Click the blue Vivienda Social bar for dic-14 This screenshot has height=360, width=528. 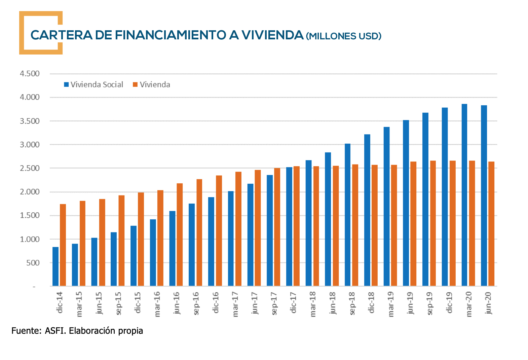point(55,266)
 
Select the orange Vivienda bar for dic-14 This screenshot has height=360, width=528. point(63,245)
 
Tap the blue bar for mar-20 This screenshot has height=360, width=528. point(464,195)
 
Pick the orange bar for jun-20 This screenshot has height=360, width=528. point(491,224)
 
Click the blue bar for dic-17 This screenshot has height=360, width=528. point(289,226)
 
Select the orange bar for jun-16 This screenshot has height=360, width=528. point(180,235)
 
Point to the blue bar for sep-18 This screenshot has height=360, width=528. point(347,215)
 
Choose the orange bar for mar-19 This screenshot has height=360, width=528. point(394,225)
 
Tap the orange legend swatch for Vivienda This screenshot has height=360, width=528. point(135,85)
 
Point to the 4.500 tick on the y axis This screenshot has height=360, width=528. point(30,74)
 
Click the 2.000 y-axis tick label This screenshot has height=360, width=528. point(30,192)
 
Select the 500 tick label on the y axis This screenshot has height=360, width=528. point(33,263)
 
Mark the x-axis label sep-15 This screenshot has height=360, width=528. point(118,303)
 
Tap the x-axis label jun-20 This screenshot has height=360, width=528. point(488,303)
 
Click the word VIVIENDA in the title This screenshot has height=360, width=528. point(272,35)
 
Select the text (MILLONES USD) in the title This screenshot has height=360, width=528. point(344,36)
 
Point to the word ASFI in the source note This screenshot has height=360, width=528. point(55,331)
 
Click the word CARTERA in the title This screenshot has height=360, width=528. point(61,35)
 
